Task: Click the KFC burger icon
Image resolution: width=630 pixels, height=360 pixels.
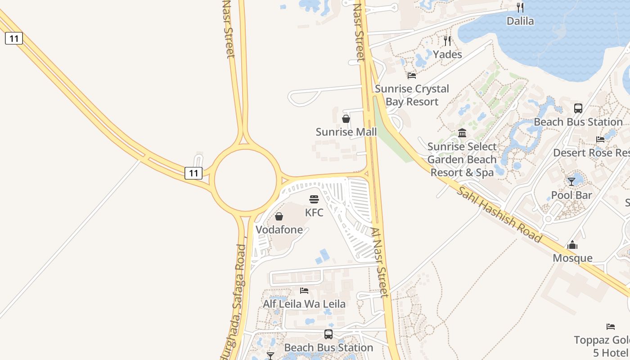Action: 314,199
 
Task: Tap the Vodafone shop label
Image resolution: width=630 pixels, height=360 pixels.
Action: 279,229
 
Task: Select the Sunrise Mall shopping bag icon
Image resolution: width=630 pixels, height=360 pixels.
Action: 346,119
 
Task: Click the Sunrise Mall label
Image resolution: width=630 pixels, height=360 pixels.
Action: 346,132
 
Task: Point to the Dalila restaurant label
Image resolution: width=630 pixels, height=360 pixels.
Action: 520,21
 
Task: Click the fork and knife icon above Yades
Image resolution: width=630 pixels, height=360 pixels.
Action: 447,41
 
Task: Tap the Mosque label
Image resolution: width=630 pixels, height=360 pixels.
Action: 572,258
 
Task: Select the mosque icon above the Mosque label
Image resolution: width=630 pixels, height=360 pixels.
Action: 572,245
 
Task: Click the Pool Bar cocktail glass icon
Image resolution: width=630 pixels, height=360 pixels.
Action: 571,182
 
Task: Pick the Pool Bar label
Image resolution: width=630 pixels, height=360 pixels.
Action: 571,195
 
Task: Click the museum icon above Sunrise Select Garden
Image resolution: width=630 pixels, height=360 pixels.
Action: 462,133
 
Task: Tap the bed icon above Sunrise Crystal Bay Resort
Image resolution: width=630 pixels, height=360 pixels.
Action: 412,76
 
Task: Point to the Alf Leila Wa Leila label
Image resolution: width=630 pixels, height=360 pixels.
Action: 304,304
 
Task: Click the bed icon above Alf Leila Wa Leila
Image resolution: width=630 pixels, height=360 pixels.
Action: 304,291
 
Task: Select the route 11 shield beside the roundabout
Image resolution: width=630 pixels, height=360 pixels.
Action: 193,173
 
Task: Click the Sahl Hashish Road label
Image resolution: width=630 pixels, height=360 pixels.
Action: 499,215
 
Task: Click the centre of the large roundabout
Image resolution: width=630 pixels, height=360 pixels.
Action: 245,180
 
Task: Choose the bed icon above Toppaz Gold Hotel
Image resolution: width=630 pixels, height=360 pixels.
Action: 611,327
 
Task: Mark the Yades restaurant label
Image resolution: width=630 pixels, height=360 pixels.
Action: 447,54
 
